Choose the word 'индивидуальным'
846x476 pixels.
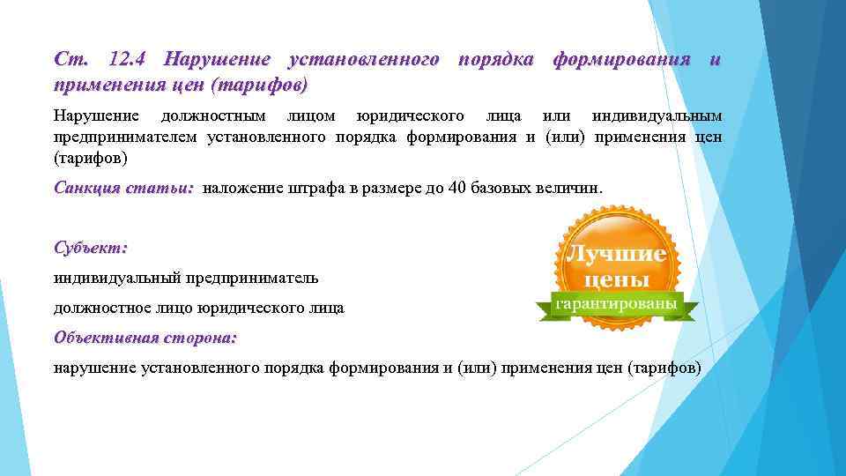(657, 116)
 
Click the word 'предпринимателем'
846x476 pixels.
(126, 137)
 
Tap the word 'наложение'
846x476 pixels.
(239, 189)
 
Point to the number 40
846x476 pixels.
(453, 189)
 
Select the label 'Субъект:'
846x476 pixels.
(90, 249)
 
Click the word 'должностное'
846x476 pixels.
(107, 309)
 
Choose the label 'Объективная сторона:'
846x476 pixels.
(145, 338)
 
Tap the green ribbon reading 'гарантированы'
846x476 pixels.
(616, 303)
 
